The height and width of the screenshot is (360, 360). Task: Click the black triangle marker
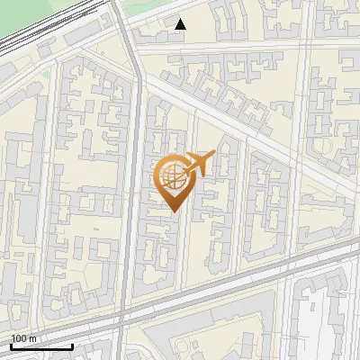pos(181,24)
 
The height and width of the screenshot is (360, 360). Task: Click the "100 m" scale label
pos(23,337)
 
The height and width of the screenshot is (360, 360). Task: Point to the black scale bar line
pos(40,346)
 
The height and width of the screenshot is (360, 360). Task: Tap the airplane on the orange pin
pos(200,163)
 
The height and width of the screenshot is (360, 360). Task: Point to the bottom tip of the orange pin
pos(172,212)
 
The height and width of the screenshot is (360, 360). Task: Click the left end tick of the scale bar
pos(12,346)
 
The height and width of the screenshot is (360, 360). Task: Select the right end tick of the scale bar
pos(72,346)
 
